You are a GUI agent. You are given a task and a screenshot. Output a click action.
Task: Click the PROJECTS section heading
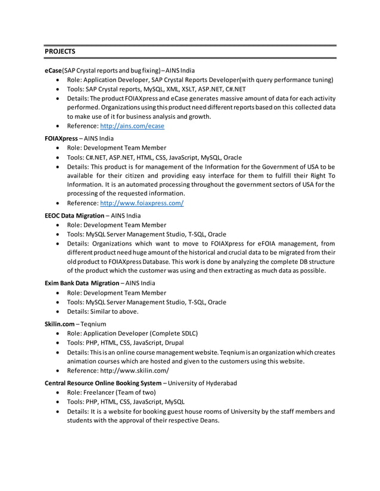60,52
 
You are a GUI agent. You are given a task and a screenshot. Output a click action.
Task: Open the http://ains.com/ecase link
132,126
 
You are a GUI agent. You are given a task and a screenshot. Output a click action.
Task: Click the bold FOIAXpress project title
61,139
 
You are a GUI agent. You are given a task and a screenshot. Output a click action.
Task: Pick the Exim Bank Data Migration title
82,283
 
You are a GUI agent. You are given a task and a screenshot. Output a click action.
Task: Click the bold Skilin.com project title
61,324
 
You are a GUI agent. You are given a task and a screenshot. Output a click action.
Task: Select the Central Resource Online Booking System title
103,383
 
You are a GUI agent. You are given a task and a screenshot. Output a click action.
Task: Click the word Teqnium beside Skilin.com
96,324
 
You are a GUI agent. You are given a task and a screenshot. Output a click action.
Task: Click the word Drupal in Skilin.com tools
205,342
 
